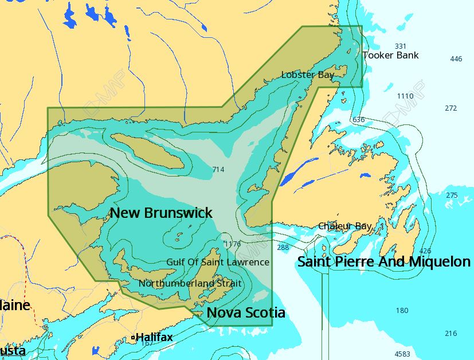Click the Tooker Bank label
pos(390,56)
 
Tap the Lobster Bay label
pos(308,75)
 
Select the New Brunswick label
pos(161,213)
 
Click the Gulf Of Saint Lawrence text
pos(217,262)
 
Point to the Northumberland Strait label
pos(190,283)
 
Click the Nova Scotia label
pos(246,312)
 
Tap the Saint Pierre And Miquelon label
pos(383,262)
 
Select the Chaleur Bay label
pos(344,226)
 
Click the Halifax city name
pos(154,337)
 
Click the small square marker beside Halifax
pos(133,338)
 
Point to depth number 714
pos(218,170)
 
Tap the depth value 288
pos(283,248)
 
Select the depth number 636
pos(358,120)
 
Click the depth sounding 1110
pos(405,96)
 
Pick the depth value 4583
pos(402,354)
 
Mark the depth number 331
pos(400,46)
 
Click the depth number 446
pos(456,59)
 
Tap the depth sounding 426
pos(425,251)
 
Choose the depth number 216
pos(451,334)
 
